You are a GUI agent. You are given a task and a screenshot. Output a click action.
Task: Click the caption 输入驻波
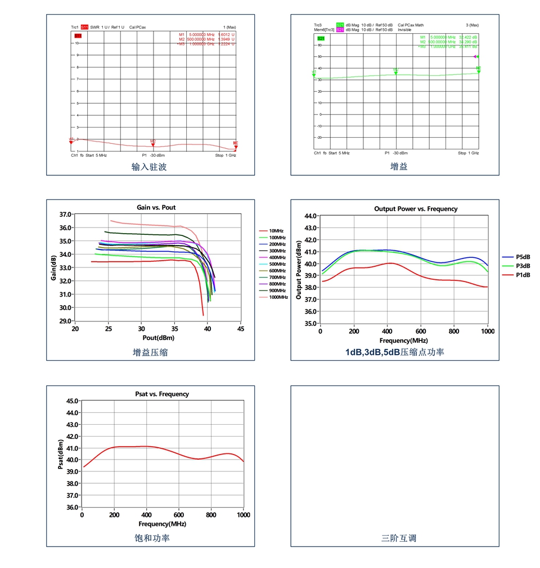[149, 167]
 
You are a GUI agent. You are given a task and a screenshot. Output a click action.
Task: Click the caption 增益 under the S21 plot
[399, 167]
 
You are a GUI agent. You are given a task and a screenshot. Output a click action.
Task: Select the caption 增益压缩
[150, 352]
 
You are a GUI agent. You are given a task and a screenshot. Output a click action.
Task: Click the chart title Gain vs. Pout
[156, 207]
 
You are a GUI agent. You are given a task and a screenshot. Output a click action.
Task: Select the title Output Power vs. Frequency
[416, 209]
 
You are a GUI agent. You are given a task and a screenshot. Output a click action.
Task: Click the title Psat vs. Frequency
[162, 394]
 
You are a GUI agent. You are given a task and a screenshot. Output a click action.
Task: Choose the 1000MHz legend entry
[277, 297]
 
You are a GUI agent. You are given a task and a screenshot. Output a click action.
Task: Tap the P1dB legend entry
[523, 275]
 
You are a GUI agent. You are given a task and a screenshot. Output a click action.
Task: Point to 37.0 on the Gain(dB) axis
[65, 215]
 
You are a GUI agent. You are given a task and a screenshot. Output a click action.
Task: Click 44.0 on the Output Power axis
[309, 216]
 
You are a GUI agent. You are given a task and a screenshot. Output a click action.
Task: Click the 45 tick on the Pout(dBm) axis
[240, 329]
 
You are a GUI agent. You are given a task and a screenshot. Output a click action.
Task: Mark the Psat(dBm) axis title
[61, 454]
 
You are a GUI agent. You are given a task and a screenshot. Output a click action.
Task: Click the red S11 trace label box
[84, 26]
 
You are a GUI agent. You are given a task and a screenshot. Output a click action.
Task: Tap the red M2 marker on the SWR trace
[152, 144]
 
